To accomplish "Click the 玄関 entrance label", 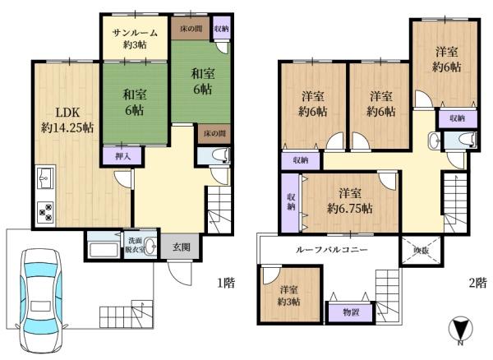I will click(182, 246).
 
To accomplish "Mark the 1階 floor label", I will click(227, 284).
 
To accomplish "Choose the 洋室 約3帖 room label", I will click(288, 295).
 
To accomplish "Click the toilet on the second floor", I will click(464, 141).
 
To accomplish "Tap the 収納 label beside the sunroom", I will click(221, 29).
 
